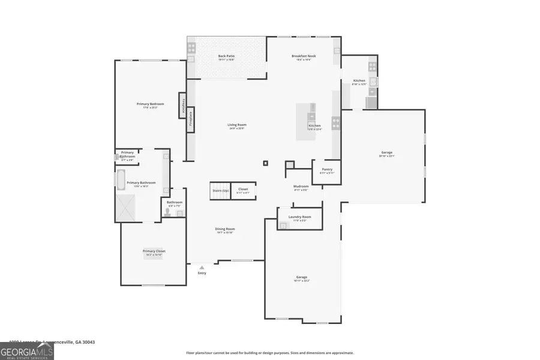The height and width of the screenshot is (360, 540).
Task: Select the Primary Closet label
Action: (154, 252)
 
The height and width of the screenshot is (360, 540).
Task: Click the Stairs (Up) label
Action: (220, 190)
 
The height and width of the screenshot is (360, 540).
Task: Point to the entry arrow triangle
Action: (202, 268)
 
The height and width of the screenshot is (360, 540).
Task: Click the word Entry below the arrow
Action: (202, 274)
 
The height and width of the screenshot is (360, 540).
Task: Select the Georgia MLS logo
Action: (27, 349)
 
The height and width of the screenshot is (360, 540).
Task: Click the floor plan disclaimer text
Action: (269, 353)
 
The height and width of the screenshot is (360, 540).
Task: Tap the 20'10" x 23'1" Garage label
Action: (386, 154)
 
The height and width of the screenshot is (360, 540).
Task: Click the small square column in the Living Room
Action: (265, 162)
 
